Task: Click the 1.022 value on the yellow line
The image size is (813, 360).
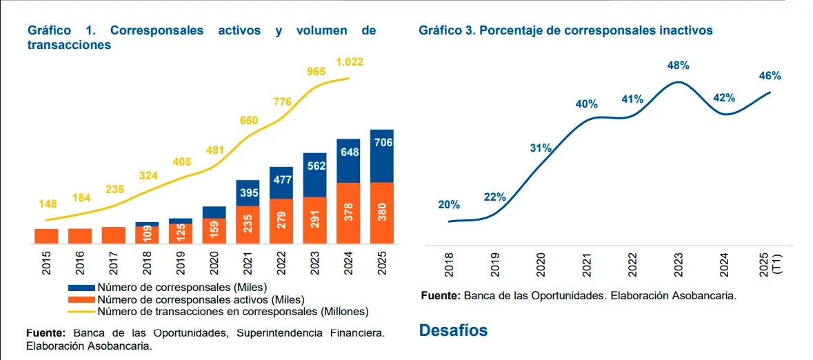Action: (349, 62)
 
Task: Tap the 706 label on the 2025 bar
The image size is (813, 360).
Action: (382, 143)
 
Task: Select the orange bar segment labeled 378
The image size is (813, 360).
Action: (348, 212)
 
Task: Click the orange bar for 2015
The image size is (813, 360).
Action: (46, 236)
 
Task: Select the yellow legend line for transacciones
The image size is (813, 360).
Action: (82, 311)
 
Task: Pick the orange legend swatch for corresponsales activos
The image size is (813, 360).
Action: (82, 299)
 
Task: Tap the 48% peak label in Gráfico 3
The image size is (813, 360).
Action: (678, 66)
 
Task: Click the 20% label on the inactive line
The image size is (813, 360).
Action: (449, 205)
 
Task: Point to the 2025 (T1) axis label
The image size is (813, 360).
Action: (769, 263)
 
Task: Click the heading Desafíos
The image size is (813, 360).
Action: (453, 330)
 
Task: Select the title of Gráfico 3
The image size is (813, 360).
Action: (565, 31)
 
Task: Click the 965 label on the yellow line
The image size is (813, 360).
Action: (316, 71)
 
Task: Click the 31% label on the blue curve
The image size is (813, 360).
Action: (541, 148)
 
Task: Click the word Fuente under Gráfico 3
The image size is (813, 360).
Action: (440, 296)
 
